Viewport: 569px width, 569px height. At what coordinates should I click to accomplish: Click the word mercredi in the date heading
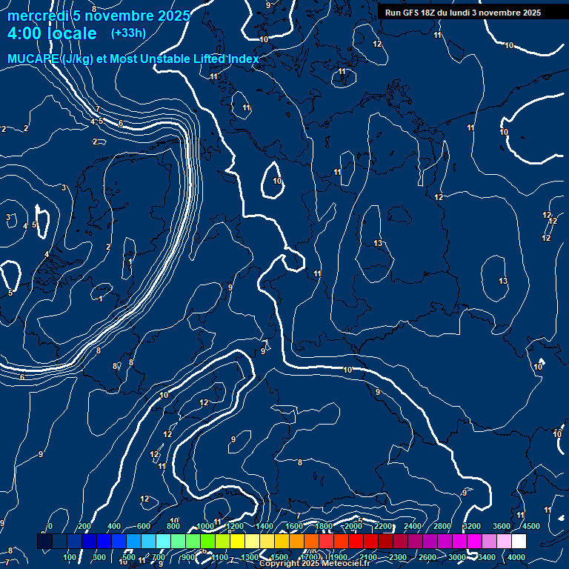36,16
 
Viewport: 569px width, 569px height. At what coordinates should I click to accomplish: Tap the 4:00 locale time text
52,33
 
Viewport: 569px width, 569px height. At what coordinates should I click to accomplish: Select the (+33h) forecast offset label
128,33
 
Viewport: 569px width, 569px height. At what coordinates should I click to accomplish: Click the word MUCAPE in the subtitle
33,59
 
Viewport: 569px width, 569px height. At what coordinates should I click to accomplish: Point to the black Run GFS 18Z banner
472,13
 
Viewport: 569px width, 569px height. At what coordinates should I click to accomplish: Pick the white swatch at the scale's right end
519,542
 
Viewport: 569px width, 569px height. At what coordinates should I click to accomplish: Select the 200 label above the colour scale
84,526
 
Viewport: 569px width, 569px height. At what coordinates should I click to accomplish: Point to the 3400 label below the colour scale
486,557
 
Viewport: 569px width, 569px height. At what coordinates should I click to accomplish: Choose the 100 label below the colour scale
70,557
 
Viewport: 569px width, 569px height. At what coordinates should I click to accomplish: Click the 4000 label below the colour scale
516,557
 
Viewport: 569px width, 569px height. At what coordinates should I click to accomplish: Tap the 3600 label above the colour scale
502,526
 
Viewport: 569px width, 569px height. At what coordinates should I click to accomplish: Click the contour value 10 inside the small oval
277,181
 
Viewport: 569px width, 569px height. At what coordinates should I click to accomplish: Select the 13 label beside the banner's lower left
378,244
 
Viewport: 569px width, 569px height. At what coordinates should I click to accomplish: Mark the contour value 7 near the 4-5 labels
97,110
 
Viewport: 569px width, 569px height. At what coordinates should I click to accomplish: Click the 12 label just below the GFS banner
377,44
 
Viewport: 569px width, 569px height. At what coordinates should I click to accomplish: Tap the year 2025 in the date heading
173,16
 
